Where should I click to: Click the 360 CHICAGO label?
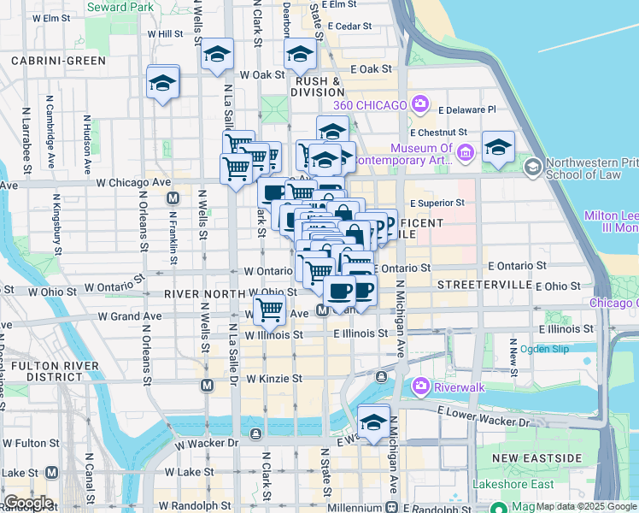coord(370,105)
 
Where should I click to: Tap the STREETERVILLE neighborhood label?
coord(479,284)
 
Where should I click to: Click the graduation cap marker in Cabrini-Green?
coord(162,83)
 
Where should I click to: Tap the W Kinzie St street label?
coord(274,378)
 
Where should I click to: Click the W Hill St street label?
coord(166,33)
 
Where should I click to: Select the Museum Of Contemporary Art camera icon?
coord(466,154)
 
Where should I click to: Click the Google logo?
coord(28,503)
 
